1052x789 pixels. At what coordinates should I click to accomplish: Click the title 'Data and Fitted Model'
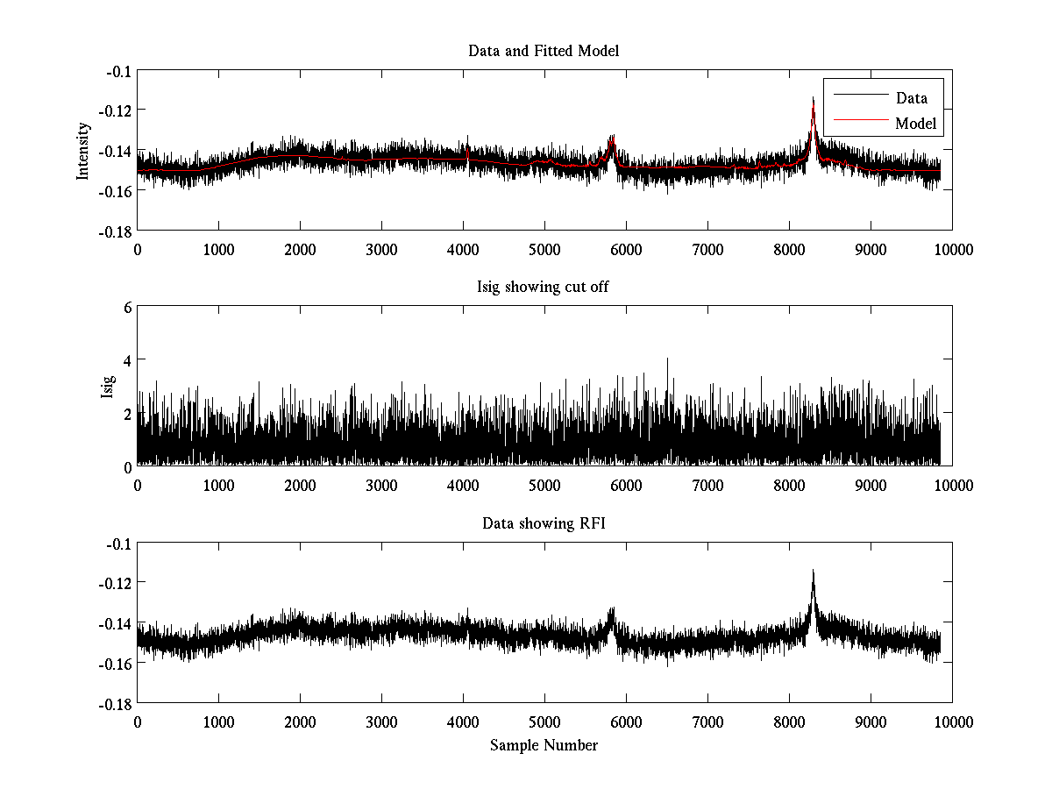[x=544, y=51]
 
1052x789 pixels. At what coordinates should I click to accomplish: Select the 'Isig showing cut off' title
[x=544, y=288]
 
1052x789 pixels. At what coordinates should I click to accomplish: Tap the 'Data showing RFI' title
[x=544, y=523]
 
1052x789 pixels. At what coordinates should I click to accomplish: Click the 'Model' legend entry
[x=915, y=124]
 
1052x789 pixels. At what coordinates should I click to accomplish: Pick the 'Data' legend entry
[x=911, y=97]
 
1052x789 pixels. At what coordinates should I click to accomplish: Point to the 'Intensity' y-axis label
[x=83, y=150]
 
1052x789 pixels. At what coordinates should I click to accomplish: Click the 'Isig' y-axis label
[x=108, y=387]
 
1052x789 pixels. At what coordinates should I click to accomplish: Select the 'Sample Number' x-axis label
[x=544, y=745]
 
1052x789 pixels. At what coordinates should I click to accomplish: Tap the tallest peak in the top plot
[x=814, y=98]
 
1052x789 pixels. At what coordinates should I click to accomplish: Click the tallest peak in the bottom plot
[x=814, y=572]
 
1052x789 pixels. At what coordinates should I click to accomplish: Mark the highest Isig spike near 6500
[x=668, y=359]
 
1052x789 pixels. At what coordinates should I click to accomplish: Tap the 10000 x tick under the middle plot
[x=952, y=485]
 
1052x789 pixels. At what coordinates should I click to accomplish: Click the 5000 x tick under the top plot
[x=544, y=249]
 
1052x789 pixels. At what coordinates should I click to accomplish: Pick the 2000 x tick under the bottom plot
[x=300, y=721]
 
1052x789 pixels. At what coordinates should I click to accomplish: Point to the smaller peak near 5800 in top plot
[x=612, y=137]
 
